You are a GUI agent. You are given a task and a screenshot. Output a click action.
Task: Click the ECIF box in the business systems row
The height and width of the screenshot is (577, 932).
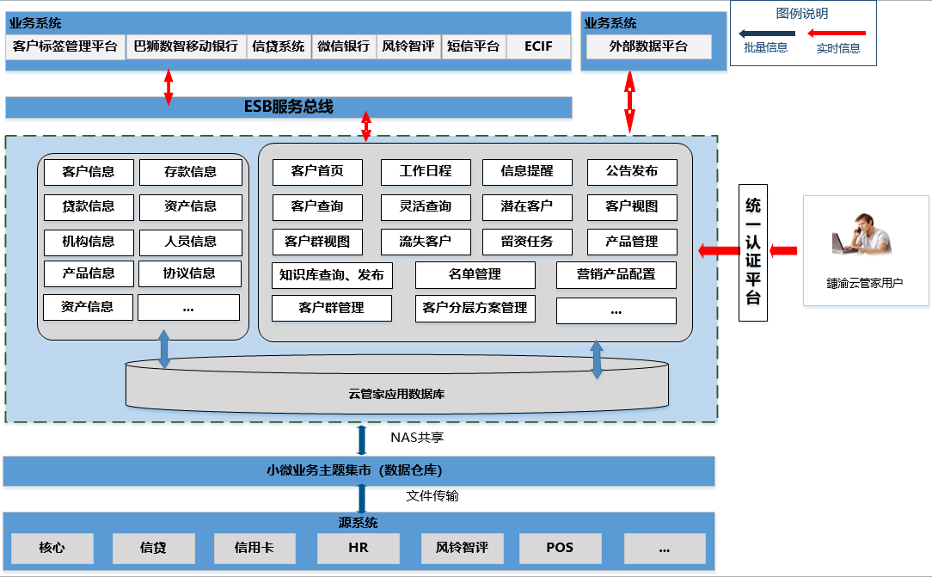(538, 46)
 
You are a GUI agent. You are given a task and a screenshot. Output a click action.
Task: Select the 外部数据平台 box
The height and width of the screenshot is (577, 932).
(648, 46)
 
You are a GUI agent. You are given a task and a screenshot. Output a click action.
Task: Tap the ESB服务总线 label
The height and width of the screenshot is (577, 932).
(289, 107)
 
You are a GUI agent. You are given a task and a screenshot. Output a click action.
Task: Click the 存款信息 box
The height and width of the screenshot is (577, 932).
(190, 172)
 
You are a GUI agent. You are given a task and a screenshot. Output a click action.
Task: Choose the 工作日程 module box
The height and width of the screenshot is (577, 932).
(426, 172)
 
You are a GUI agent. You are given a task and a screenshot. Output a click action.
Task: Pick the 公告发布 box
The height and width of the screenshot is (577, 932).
(632, 172)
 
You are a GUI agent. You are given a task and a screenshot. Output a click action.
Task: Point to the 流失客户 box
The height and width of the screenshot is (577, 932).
(426, 242)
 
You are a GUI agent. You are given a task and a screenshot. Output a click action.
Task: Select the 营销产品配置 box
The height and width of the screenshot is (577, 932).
(616, 275)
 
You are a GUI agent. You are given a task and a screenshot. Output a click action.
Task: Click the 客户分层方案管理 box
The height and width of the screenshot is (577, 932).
(475, 309)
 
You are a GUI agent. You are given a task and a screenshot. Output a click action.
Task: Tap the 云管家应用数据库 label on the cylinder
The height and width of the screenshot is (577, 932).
(396, 394)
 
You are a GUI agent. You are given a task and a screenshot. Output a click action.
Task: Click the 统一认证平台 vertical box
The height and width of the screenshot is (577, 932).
(753, 253)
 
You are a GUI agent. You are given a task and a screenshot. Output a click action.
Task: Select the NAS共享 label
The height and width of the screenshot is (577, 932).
(417, 438)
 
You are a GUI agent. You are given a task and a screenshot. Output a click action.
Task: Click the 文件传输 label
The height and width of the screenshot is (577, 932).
(432, 495)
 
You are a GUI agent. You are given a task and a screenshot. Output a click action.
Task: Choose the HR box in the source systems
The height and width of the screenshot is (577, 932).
(359, 548)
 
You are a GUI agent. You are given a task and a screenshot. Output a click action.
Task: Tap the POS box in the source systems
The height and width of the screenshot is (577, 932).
(560, 548)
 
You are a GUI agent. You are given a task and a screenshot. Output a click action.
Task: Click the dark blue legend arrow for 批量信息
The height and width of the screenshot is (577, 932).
(767, 34)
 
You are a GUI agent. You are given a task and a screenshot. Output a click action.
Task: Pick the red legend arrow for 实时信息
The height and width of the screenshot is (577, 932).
(837, 34)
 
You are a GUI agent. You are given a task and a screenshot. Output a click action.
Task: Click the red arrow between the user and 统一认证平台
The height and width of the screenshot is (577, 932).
(783, 251)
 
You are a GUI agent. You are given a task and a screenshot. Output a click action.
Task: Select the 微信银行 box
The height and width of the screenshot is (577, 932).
(344, 46)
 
